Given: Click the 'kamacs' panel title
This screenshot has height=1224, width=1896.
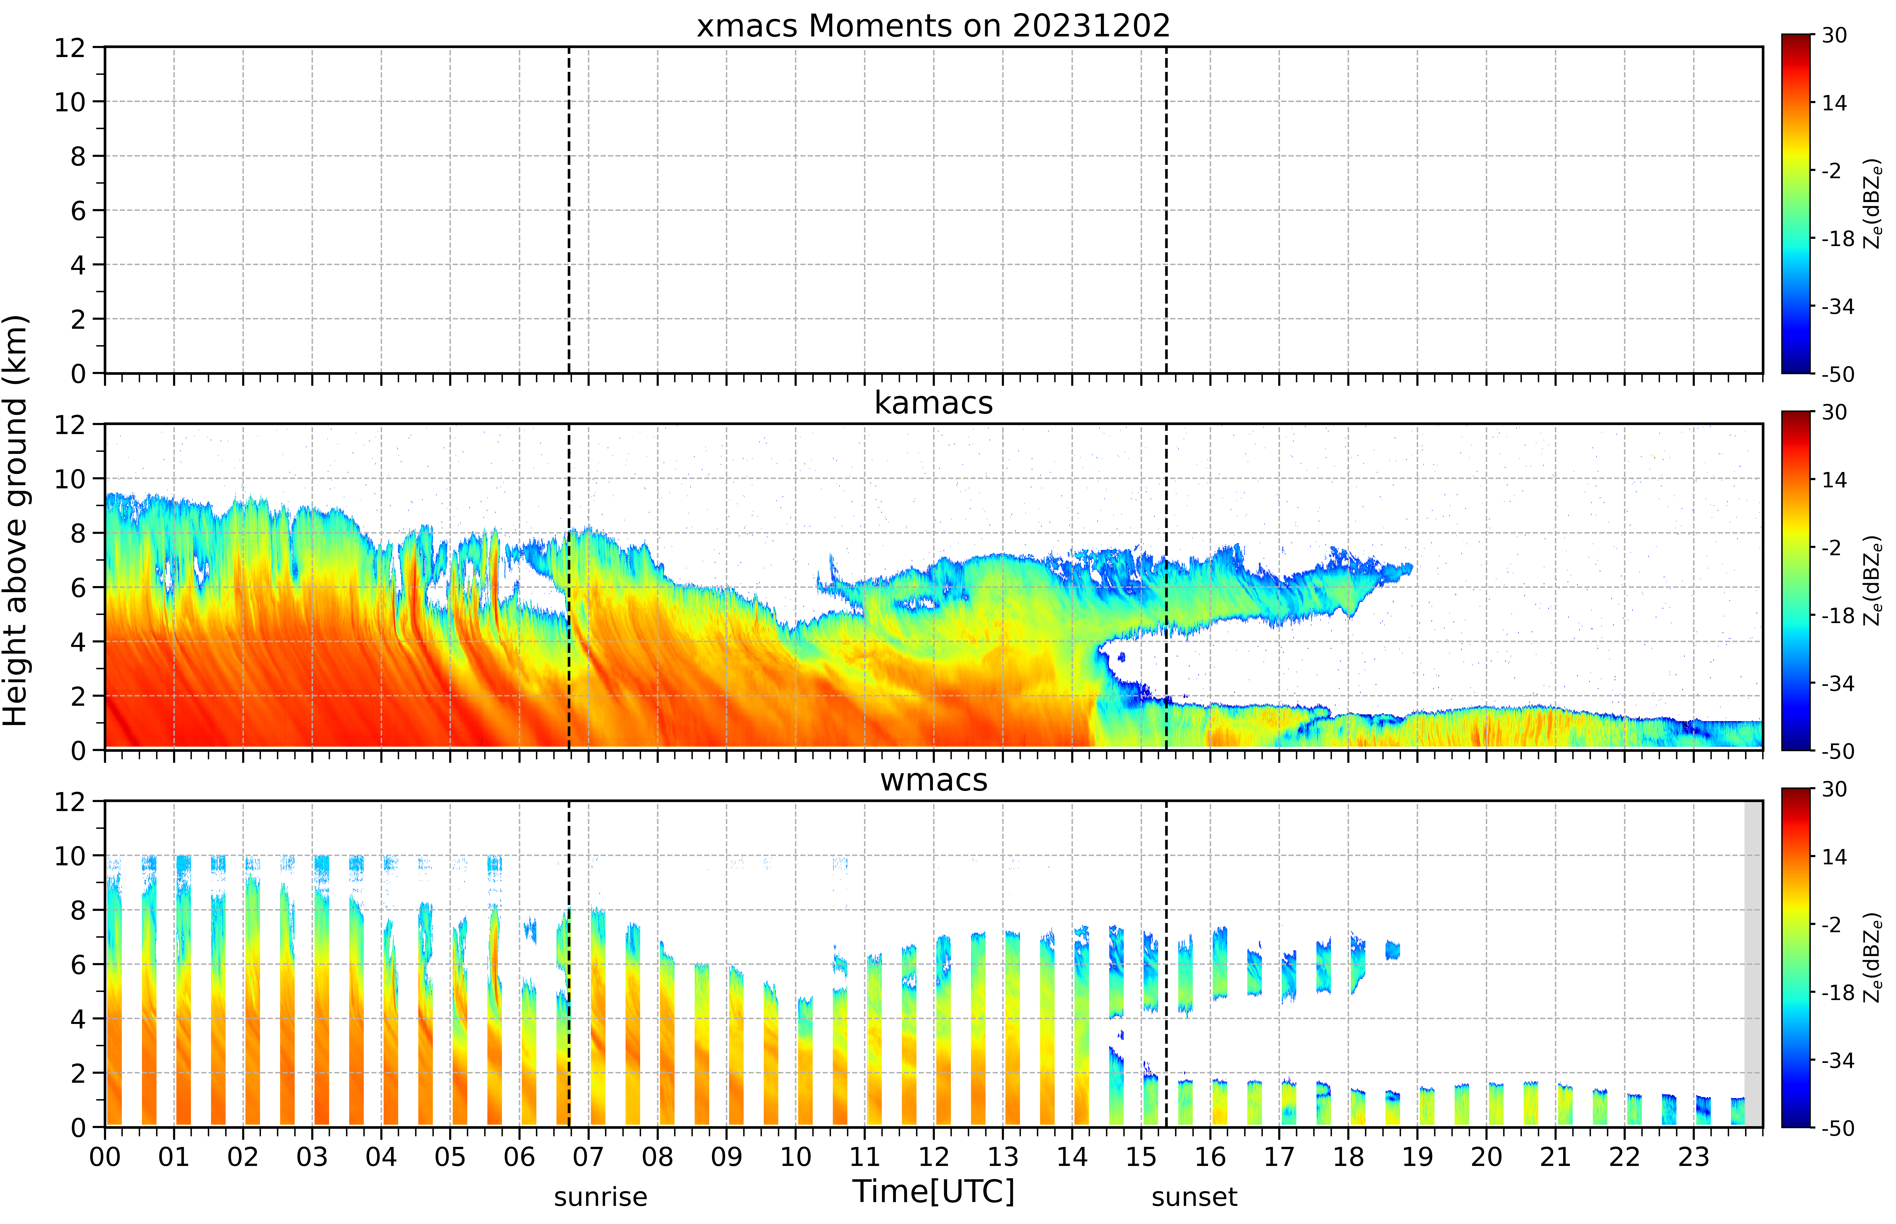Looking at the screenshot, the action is (933, 403).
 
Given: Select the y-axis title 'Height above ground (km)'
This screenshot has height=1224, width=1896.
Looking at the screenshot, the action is (16, 521).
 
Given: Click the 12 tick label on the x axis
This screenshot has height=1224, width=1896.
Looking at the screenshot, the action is (933, 1156).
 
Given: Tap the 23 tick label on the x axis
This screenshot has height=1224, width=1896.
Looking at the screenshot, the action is (1694, 1156).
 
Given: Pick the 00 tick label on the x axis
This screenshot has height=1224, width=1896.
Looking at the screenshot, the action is (105, 1156).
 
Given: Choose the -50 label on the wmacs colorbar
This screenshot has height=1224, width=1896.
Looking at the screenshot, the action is (1837, 1128).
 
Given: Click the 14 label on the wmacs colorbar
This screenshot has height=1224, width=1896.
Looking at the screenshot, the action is (1834, 857).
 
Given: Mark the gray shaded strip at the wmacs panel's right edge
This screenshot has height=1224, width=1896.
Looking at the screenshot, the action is (1753, 964).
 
